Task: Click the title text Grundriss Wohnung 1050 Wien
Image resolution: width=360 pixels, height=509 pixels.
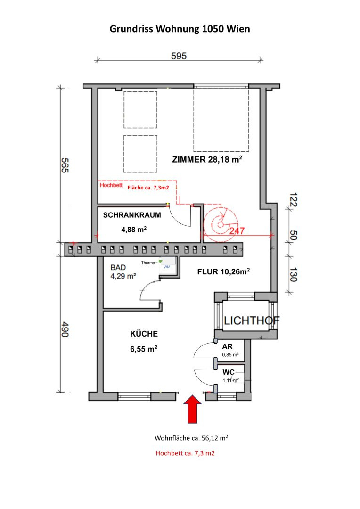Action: (180, 29)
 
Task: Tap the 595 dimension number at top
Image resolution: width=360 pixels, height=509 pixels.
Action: (179, 56)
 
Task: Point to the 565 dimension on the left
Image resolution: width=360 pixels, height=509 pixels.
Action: (65, 165)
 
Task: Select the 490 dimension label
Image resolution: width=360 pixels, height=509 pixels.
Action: (65, 329)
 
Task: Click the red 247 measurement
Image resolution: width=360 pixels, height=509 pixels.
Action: (237, 231)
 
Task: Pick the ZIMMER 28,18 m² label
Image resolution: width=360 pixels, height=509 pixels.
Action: (207, 159)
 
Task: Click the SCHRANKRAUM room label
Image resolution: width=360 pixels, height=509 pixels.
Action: (132, 215)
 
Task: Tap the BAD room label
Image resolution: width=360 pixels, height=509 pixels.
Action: (118, 268)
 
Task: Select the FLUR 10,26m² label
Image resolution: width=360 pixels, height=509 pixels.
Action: (224, 271)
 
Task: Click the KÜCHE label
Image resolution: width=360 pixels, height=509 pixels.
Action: (144, 334)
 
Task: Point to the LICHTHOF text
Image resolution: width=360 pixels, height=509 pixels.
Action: (252, 321)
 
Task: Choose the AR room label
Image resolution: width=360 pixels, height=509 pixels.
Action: (227, 347)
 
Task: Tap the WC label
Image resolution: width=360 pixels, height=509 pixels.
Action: (228, 372)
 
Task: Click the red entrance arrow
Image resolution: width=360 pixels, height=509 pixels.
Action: (193, 409)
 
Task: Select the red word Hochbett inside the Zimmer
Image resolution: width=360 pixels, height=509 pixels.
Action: (111, 185)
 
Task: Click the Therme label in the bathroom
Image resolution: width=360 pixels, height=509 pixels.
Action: (148, 263)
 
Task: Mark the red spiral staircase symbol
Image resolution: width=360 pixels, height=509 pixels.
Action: (221, 224)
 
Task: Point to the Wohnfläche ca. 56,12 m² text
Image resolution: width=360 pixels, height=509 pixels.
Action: (191, 438)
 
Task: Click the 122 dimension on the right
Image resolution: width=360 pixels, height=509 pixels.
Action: (293, 200)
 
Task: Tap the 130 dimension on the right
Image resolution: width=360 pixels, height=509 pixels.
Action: (293, 274)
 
